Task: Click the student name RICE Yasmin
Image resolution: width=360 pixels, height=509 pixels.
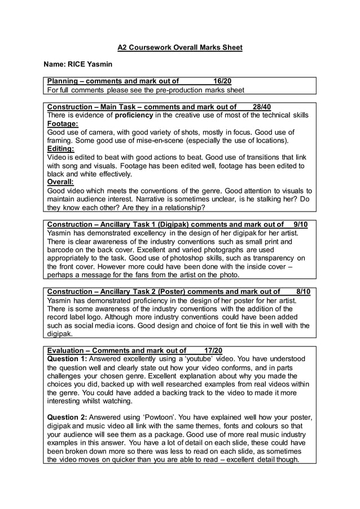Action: [93, 65]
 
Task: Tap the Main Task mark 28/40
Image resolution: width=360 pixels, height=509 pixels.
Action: [262, 107]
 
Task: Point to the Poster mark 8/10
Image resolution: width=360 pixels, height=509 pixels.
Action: [303, 291]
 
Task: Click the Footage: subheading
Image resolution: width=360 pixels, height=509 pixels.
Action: [63, 124]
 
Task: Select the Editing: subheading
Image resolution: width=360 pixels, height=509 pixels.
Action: [60, 149]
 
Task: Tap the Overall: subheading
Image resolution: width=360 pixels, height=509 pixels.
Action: [60, 182]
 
